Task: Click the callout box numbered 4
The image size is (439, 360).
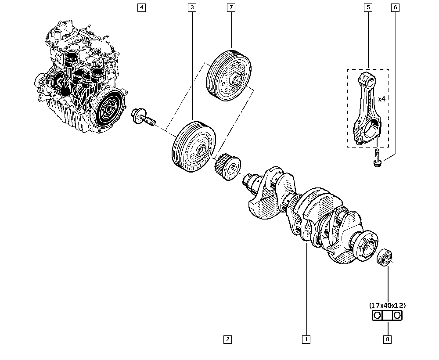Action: [141, 7]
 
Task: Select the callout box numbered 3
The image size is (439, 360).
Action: [192, 7]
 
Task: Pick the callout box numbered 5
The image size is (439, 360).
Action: [368, 7]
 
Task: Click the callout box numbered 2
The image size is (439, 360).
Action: [227, 339]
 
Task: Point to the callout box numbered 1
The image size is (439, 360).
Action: [306, 339]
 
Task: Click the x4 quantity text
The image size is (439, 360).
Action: [381, 99]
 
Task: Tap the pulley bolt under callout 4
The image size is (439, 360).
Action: [143, 115]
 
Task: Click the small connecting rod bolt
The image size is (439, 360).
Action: [377, 158]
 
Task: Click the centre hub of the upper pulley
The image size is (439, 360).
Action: [236, 80]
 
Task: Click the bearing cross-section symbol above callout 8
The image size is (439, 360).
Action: [388, 315]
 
